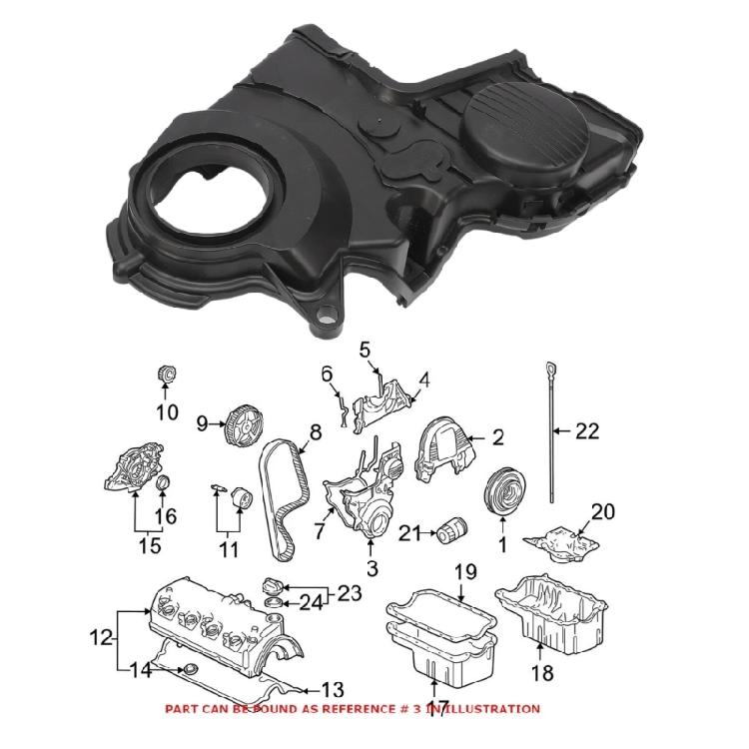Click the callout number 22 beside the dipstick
pos(587,431)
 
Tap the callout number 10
pos(167,411)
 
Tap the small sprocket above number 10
pos(167,375)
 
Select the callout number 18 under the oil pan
pos(540,673)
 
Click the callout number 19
pos(466,572)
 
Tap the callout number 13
pos(332,690)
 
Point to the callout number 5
pos(365,350)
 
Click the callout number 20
pos(603,511)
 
